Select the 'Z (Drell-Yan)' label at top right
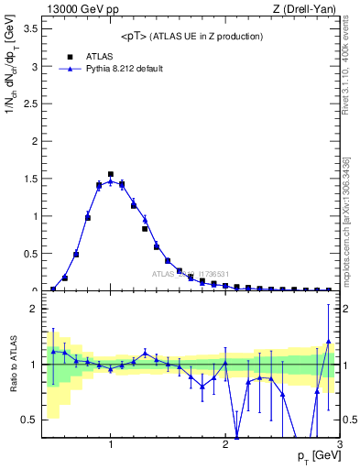point(304,10)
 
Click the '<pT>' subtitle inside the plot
point(191,36)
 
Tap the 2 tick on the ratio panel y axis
point(35,309)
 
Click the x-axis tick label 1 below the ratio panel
point(111,446)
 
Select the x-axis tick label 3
point(339,446)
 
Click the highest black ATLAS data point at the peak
point(111,173)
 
